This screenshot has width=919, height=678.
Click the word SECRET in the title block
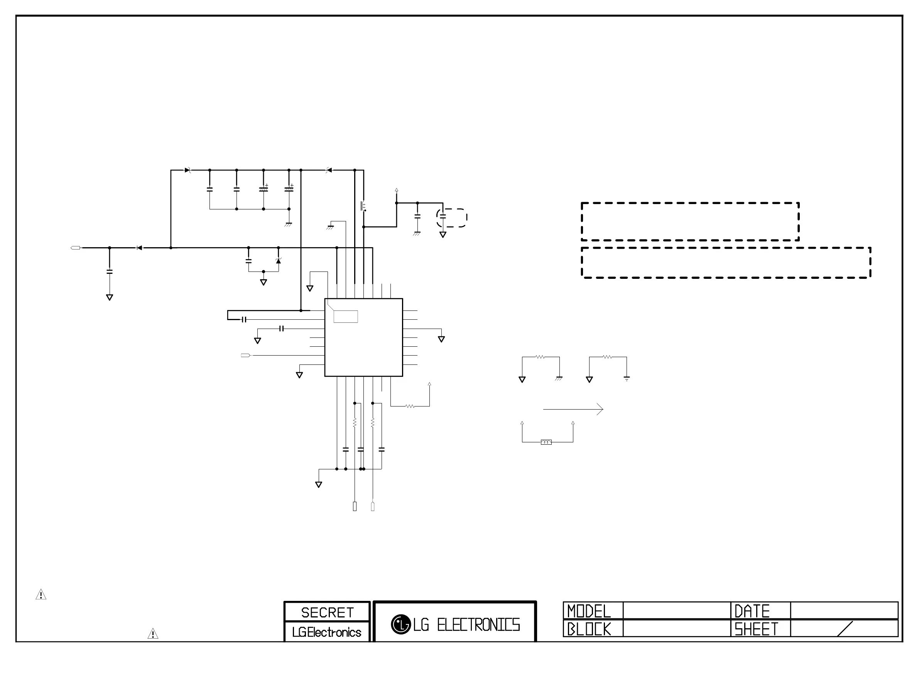click(327, 612)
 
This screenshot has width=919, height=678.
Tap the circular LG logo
click(400, 624)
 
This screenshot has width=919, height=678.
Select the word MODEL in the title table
click(589, 611)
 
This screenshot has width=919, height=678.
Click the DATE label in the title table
click(752, 611)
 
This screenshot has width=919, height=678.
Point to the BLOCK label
click(589, 629)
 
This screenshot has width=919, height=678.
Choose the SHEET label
click(756, 629)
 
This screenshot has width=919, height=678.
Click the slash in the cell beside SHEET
click(844, 629)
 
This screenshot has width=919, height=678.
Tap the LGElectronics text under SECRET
click(327, 632)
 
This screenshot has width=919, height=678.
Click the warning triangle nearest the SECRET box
click(153, 634)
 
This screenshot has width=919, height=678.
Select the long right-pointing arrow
click(573, 409)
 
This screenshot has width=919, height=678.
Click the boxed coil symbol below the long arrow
click(546, 442)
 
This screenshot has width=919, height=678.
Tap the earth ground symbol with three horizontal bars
click(627, 379)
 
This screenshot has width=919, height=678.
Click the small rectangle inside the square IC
click(346, 316)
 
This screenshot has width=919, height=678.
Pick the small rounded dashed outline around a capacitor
click(451, 218)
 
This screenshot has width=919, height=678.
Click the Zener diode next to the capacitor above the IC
click(278, 261)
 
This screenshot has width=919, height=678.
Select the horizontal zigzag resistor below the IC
click(410, 406)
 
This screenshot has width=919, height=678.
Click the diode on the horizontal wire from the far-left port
click(139, 248)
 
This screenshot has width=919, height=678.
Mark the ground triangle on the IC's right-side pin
click(441, 339)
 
